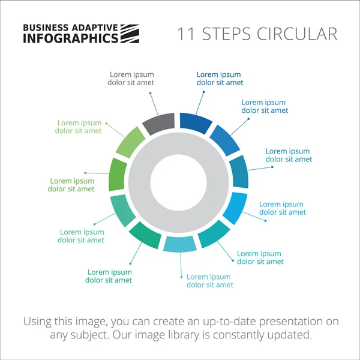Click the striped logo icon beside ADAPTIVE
click(x=130, y=34)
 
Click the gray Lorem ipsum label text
click(x=131, y=79)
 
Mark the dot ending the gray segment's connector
click(x=151, y=92)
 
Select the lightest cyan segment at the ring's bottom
click(x=180, y=244)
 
